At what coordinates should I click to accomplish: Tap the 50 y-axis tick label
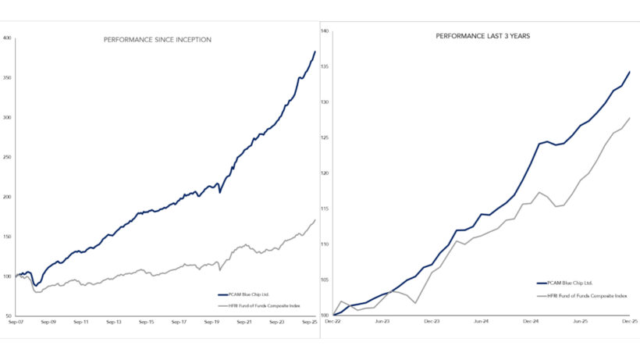pyautogui.click(x=8, y=315)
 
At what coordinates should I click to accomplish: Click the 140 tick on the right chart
pyautogui.click(x=325, y=31)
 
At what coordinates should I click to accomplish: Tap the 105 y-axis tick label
pyautogui.click(x=325, y=280)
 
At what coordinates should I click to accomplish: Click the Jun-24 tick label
pyautogui.click(x=482, y=321)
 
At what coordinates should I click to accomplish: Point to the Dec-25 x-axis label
pyautogui.click(x=629, y=321)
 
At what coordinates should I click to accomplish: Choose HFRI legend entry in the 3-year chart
pyautogui.click(x=585, y=296)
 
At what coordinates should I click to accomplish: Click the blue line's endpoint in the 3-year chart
pyautogui.click(x=629, y=72)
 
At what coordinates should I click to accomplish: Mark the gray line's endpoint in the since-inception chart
pyautogui.click(x=315, y=220)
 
